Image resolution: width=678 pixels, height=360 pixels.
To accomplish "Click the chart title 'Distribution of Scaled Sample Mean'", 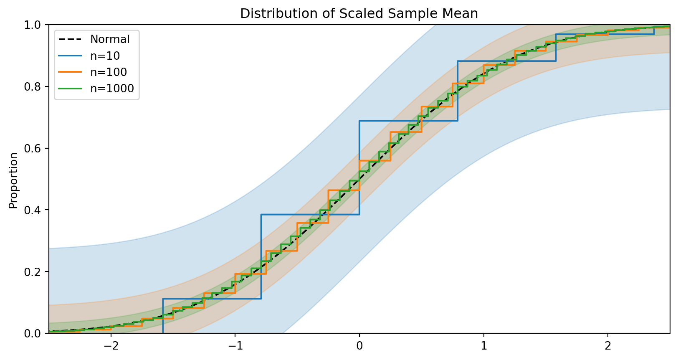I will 359,14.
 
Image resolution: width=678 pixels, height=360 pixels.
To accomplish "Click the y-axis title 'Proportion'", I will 14,180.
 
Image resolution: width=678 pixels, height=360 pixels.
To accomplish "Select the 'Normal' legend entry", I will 110,39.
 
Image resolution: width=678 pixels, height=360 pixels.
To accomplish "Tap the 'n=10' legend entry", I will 105,56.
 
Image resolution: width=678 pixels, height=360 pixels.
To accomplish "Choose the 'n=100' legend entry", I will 108,72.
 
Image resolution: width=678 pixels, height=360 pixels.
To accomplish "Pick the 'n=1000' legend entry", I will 112,89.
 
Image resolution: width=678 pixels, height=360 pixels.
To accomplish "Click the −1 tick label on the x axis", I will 233,346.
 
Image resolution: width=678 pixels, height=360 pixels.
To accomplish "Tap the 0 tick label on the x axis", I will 359,346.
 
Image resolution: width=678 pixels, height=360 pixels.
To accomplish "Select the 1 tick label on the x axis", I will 483,346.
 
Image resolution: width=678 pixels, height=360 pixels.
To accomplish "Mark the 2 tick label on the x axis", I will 608,346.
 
